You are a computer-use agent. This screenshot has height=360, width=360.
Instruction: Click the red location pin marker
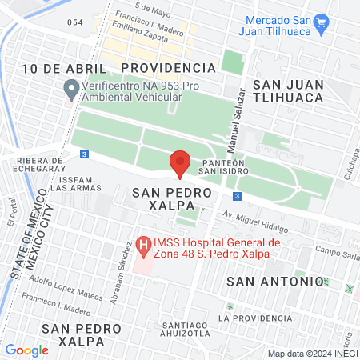[x=180, y=162]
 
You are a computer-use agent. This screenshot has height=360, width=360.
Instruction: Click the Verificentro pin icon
[x=70, y=88]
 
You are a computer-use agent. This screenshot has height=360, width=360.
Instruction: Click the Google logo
[x=26, y=350]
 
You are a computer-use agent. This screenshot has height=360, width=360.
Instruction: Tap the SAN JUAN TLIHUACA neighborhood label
[x=287, y=90]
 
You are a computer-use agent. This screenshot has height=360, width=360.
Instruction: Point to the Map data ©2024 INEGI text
[x=310, y=353]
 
